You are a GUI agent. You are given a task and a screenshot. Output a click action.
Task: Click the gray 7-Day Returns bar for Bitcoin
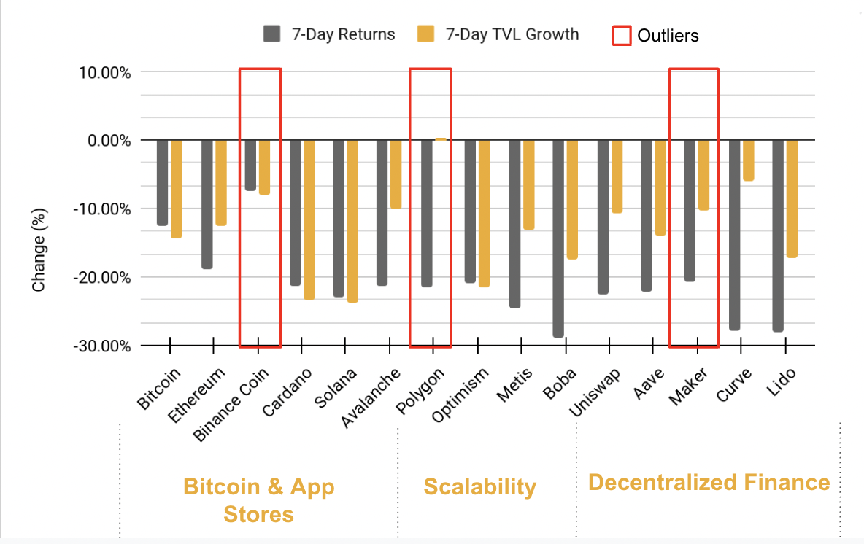(x=162, y=182)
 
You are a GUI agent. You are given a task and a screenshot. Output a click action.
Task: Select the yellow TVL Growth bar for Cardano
(x=309, y=219)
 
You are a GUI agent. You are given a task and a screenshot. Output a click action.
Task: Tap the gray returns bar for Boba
(x=558, y=238)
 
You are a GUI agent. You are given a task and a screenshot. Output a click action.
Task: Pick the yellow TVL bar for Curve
(x=748, y=160)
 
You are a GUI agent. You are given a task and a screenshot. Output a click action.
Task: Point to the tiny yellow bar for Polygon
(x=440, y=139)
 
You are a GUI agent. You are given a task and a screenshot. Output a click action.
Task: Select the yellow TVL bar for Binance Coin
(x=264, y=167)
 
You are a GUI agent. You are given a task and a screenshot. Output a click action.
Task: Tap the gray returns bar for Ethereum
(x=207, y=204)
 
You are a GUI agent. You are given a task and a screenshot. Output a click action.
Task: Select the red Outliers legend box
(x=621, y=35)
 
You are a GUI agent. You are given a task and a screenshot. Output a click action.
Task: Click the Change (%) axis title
(x=39, y=251)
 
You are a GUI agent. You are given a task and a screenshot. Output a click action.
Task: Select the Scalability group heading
(x=479, y=486)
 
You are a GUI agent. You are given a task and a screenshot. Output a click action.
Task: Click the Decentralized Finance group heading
(x=709, y=482)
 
